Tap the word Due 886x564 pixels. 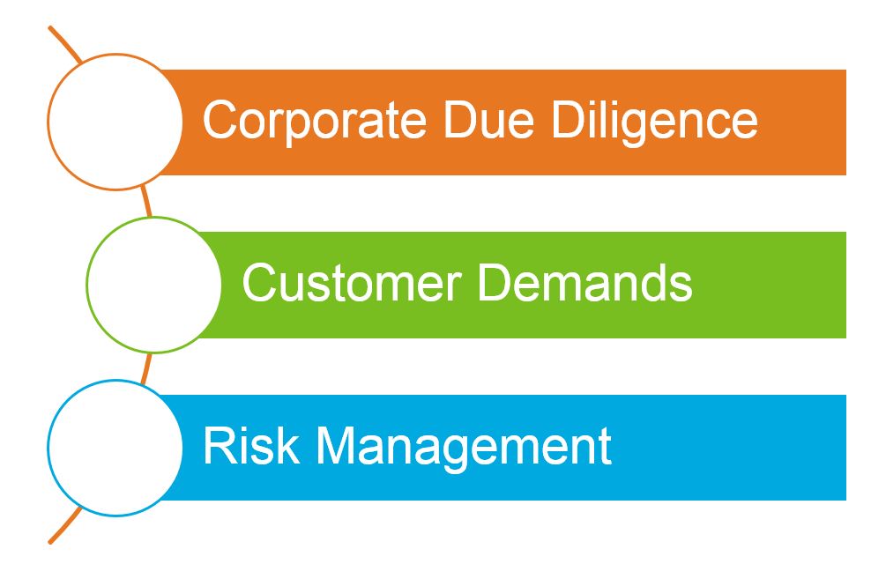[x=488, y=119]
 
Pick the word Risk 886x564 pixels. [x=251, y=445]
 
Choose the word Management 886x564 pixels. [x=464, y=449]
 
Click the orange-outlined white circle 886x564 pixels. [x=115, y=122]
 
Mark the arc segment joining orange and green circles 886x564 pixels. [x=146, y=202]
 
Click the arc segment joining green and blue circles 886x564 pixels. [x=146, y=368]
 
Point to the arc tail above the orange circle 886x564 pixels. [x=64, y=43]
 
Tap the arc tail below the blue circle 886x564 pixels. [x=64, y=526]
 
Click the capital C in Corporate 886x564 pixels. [x=220, y=119]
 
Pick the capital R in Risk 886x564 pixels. [x=220, y=445]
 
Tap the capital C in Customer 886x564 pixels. [x=259, y=282]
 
